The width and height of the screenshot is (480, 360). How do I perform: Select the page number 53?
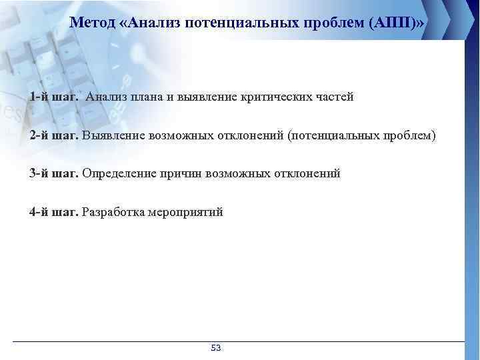215,348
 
